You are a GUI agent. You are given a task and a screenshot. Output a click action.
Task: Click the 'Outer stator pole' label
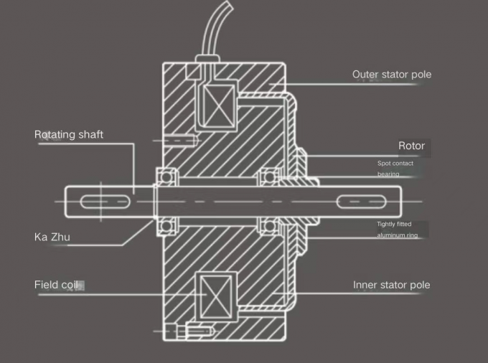click(x=391, y=75)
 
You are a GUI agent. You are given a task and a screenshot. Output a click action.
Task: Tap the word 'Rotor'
click(x=411, y=146)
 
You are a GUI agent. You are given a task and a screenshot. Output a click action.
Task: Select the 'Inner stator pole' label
click(x=391, y=285)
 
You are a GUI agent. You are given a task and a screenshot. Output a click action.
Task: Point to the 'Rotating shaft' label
click(x=69, y=134)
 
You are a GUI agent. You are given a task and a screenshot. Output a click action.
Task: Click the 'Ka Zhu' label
click(x=52, y=236)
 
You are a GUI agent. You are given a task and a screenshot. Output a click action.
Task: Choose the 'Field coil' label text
click(x=56, y=285)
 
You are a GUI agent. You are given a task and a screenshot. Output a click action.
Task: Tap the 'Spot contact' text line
click(x=395, y=164)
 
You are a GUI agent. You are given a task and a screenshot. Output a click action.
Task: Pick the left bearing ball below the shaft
click(x=168, y=227)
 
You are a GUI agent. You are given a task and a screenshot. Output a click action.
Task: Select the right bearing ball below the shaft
click(x=270, y=227)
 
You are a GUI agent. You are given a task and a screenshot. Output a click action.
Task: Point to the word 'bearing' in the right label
click(x=388, y=174)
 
